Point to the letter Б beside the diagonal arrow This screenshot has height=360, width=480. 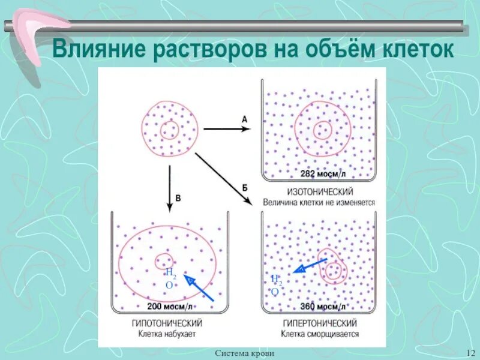pyautogui.click(x=245, y=187)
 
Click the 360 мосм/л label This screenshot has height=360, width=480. pyautogui.click(x=323, y=307)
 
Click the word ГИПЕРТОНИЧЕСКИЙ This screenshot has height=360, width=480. pyautogui.click(x=318, y=322)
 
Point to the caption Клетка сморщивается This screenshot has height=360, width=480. pyautogui.click(x=319, y=333)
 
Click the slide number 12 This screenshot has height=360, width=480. pyautogui.click(x=470, y=352)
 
